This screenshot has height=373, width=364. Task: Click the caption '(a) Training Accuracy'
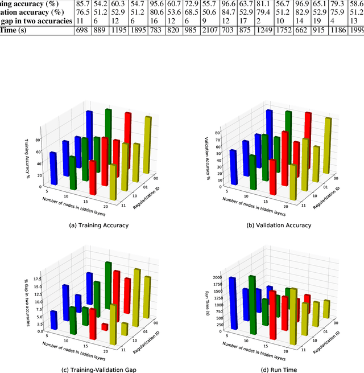click(x=98, y=226)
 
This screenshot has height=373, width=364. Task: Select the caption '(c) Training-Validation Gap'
click(x=98, y=370)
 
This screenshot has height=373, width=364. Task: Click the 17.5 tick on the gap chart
click(x=38, y=279)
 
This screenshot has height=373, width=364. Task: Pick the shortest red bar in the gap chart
click(x=105, y=327)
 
